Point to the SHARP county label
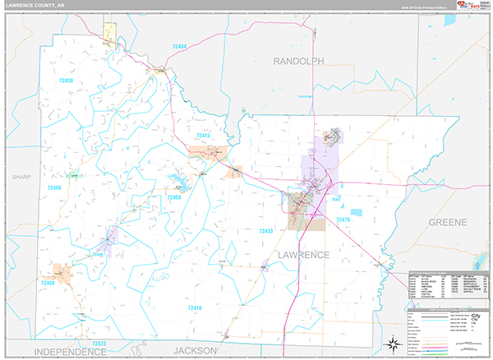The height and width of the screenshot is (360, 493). [x=21, y=177]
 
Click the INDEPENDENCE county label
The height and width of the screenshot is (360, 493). [x=71, y=350]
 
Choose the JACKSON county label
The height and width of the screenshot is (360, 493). [x=195, y=350]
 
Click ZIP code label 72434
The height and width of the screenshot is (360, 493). [x=180, y=47]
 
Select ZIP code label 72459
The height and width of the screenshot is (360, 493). [x=62, y=81]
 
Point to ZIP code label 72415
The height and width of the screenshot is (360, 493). [x=202, y=135]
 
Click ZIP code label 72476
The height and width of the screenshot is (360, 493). [x=343, y=219]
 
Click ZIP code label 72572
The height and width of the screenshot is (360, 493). [x=99, y=343]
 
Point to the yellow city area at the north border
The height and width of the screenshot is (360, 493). [x=109, y=33]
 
